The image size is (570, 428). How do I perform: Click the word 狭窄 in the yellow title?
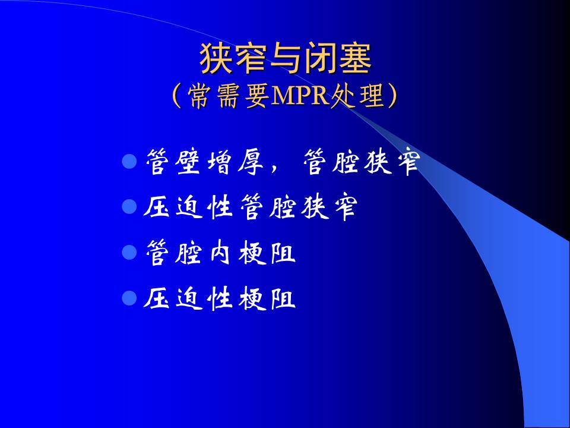233,58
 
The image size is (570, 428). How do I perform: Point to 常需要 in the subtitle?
228,96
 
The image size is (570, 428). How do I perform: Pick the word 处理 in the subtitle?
357,96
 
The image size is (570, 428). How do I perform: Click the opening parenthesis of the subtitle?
177,96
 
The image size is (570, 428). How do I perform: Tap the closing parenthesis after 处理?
392,96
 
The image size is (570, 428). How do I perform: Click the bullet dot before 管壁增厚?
129,162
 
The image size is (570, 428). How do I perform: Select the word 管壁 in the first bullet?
173,162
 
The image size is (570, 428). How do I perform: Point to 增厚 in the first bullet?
235,162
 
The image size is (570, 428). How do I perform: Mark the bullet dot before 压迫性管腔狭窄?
129,207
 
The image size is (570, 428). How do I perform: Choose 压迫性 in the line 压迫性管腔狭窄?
188,207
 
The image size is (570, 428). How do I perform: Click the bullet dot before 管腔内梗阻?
129,252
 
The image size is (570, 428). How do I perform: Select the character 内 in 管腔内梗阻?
220,252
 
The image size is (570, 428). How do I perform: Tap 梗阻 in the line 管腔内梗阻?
267,252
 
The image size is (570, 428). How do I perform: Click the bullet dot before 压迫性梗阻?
129,298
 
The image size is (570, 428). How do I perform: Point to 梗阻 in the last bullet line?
267,298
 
